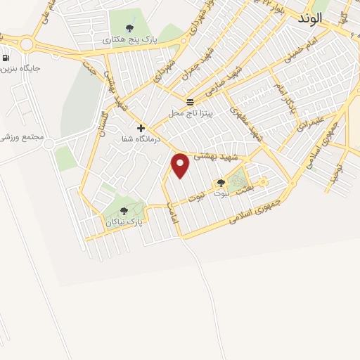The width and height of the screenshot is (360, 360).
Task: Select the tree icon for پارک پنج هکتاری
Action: (129, 28)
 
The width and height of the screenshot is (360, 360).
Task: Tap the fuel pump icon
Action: (6, 58)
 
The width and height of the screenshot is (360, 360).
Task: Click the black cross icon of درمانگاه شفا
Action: (141, 128)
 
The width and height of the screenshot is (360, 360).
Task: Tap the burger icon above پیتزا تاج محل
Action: (190, 102)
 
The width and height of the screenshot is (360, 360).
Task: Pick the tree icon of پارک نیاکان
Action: (124, 210)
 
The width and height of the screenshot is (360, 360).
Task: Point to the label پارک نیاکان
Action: (124, 221)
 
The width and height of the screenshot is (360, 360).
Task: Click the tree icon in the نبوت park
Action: (221, 183)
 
